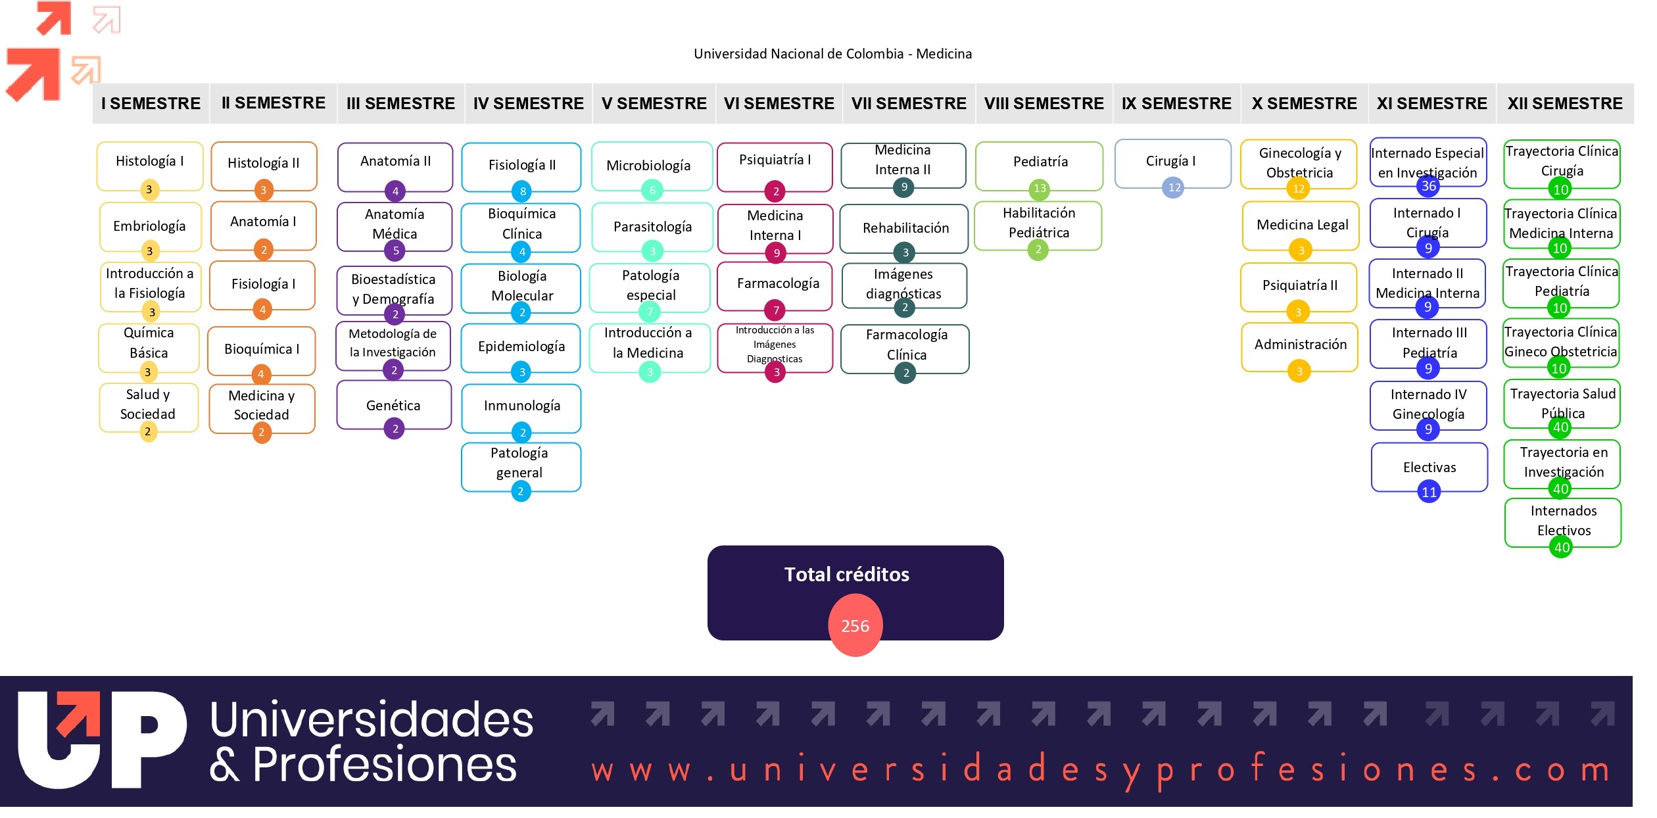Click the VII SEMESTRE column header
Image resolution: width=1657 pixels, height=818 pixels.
pyautogui.click(x=908, y=103)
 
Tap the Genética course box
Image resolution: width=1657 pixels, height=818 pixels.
pyautogui.click(x=393, y=405)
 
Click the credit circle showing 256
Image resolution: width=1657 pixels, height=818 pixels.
pyautogui.click(x=855, y=625)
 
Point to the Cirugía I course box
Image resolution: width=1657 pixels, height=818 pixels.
pyautogui.click(x=1172, y=162)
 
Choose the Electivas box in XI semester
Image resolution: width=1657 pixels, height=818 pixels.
pyautogui.click(x=1429, y=467)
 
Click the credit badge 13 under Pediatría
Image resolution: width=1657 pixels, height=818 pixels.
pyautogui.click(x=1040, y=189)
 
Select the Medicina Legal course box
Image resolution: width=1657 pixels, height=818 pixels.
pyautogui.click(x=1301, y=225)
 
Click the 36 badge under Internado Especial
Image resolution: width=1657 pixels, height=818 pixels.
pyautogui.click(x=1429, y=186)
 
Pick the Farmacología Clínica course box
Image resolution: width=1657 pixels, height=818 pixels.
pyautogui.click(x=905, y=345)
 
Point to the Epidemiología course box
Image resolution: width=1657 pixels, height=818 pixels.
pyautogui.click(x=521, y=347)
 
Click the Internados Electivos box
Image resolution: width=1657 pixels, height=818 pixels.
pyautogui.click(x=1563, y=520)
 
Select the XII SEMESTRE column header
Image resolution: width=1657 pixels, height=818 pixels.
pyautogui.click(x=1564, y=103)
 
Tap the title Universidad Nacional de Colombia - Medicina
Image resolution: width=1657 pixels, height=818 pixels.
pyautogui.click(x=832, y=54)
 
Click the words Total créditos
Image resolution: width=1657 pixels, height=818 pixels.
pyautogui.click(x=846, y=575)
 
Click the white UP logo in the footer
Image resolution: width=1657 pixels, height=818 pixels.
pyautogui.click(x=102, y=739)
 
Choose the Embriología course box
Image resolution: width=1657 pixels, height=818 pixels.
pyautogui.click(x=149, y=226)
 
